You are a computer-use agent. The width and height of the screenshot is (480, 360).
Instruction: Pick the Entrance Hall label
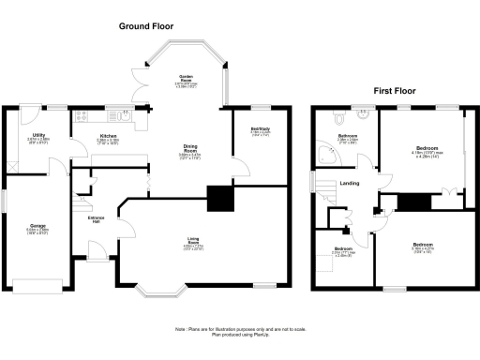tap(96, 220)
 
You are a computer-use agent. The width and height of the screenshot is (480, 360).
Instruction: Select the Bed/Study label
tap(261, 130)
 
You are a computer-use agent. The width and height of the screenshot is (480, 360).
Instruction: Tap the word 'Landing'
tap(350, 183)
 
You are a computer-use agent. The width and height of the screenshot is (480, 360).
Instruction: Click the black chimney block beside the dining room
tap(220, 198)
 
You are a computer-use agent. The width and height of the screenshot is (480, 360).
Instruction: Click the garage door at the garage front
tap(37, 283)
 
